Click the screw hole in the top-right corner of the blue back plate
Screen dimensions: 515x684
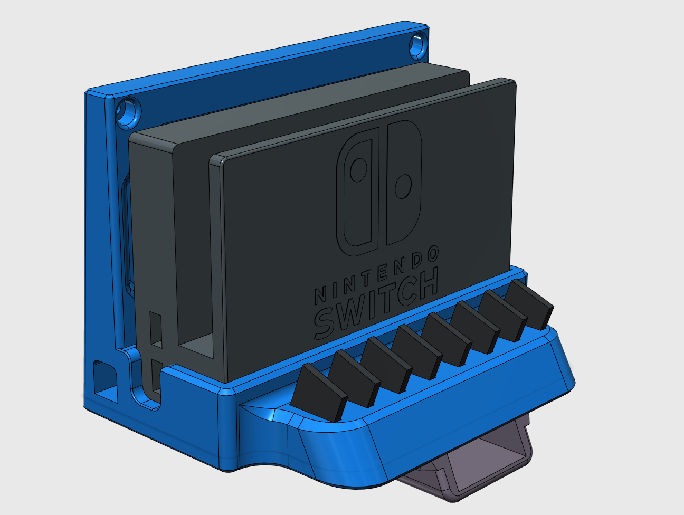pos(418,44)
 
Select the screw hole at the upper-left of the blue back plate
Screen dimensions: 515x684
pos(128,112)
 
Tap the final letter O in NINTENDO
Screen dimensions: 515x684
pos(432,255)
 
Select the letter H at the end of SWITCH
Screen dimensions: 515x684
pos(426,285)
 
